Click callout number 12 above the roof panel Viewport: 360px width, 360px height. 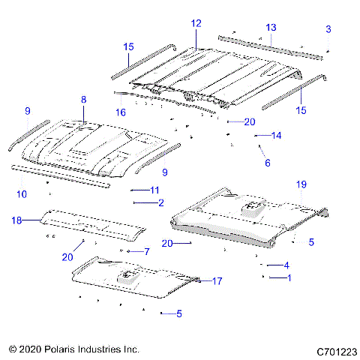[x=196, y=24]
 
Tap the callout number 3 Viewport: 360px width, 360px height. [x=328, y=28]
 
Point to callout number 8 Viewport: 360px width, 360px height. [x=83, y=100]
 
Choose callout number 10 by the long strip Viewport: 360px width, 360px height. [x=22, y=194]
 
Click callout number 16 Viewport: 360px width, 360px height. [x=121, y=112]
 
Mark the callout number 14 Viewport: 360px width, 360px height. [x=276, y=136]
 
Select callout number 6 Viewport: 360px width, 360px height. [x=266, y=162]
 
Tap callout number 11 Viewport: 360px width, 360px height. [x=154, y=190]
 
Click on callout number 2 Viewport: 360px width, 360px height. [x=160, y=202]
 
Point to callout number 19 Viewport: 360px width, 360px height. [x=301, y=184]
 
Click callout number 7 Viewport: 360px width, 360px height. [x=147, y=251]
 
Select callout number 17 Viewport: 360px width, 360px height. [x=217, y=281]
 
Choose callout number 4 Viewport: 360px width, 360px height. [x=286, y=265]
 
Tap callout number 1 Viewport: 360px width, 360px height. [x=286, y=277]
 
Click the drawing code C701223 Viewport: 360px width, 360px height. [x=335, y=350]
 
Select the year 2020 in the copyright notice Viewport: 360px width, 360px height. [x=31, y=350]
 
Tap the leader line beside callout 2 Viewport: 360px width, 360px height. [x=143, y=202]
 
